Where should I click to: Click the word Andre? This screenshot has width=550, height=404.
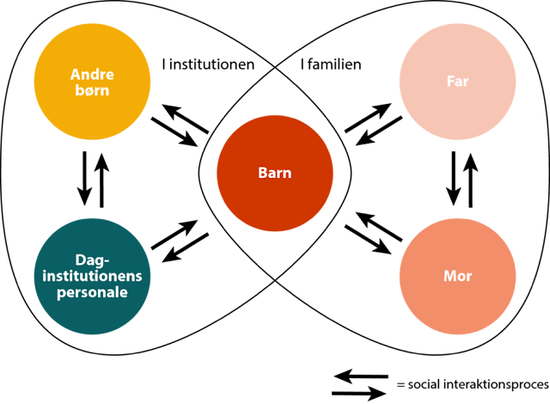click(x=92, y=74)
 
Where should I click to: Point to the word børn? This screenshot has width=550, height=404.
click(x=92, y=89)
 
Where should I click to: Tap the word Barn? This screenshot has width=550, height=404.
click(x=275, y=173)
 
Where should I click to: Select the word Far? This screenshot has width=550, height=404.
click(x=457, y=82)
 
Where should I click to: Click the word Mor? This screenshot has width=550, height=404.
click(x=457, y=276)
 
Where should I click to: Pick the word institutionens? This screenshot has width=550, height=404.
click(x=92, y=276)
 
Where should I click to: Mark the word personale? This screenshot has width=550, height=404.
click(x=92, y=292)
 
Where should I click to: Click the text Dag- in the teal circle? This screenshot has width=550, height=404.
click(x=92, y=260)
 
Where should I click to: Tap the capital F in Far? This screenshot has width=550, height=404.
click(x=450, y=82)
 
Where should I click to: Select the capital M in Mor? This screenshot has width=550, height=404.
click(x=449, y=276)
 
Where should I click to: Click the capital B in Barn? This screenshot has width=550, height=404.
click(x=263, y=173)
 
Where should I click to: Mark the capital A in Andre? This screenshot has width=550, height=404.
click(x=76, y=74)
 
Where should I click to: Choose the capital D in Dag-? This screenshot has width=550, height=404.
click(x=80, y=260)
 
